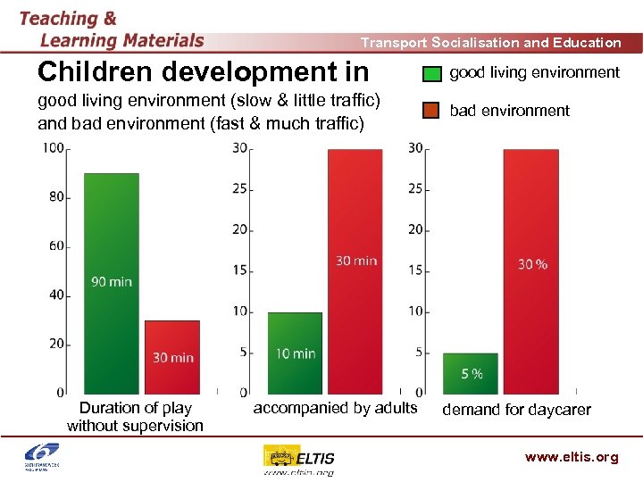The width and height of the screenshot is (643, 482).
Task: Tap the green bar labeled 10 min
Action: pyautogui.click(x=295, y=339)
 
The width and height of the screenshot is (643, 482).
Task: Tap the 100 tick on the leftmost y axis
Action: pyautogui.click(x=53, y=147)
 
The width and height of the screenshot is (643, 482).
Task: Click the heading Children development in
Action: pyautogui.click(x=203, y=71)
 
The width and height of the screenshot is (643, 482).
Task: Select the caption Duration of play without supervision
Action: pyautogui.click(x=136, y=417)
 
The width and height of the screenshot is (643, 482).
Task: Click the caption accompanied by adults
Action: pyautogui.click(x=335, y=408)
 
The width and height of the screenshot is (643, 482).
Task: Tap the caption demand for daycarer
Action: pyautogui.click(x=517, y=410)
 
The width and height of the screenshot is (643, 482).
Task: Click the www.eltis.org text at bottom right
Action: pyautogui.click(x=572, y=457)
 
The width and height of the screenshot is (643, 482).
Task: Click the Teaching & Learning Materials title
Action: pyautogui.click(x=112, y=29)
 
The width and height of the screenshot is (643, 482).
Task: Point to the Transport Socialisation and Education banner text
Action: pyautogui.click(x=490, y=42)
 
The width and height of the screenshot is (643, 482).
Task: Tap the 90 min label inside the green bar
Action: pyautogui.click(x=112, y=281)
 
